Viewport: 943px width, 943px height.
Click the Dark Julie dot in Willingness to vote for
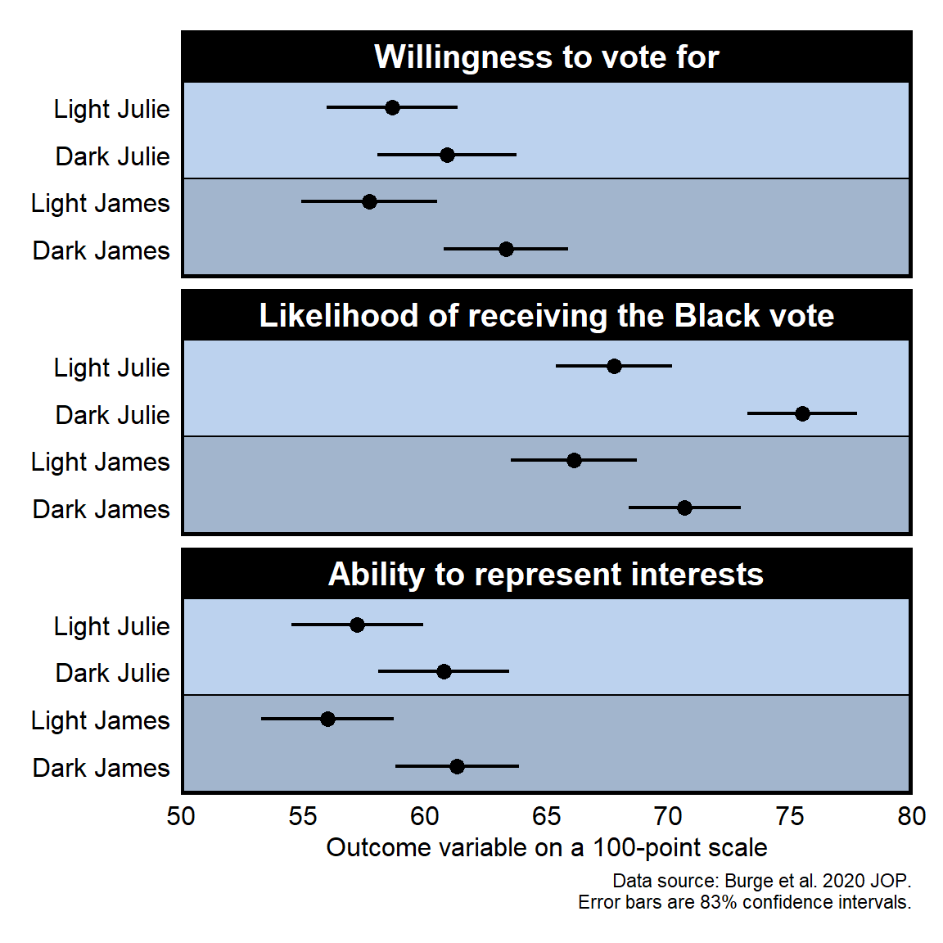pos(447,155)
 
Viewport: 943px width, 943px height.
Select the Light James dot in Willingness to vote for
pos(369,201)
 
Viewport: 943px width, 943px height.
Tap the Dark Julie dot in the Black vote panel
pos(802,413)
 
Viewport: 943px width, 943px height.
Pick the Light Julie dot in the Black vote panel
pos(614,366)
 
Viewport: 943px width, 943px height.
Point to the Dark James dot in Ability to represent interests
pos(457,766)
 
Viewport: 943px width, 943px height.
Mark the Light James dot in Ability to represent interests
pos(327,719)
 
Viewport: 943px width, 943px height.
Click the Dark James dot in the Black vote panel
pos(684,508)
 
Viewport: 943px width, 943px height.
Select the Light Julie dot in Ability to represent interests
pos(357,625)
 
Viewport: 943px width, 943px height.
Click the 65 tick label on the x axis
pos(546,816)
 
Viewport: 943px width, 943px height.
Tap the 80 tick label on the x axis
pos(911,816)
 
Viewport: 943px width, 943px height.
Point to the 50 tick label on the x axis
pos(181,816)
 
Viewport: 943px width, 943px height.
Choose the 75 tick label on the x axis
pos(789,816)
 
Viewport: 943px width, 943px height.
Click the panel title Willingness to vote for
pos(546,57)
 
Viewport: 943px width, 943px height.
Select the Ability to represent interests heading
pos(546,575)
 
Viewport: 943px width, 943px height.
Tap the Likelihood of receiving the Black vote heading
pos(546,316)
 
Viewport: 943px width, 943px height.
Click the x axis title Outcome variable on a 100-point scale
pos(546,847)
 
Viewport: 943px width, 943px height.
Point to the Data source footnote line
pos(761,881)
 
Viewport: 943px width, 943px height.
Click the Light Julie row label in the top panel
pos(112,109)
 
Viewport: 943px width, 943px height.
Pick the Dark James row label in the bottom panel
pos(102,768)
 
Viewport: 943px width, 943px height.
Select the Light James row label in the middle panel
pos(101,462)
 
